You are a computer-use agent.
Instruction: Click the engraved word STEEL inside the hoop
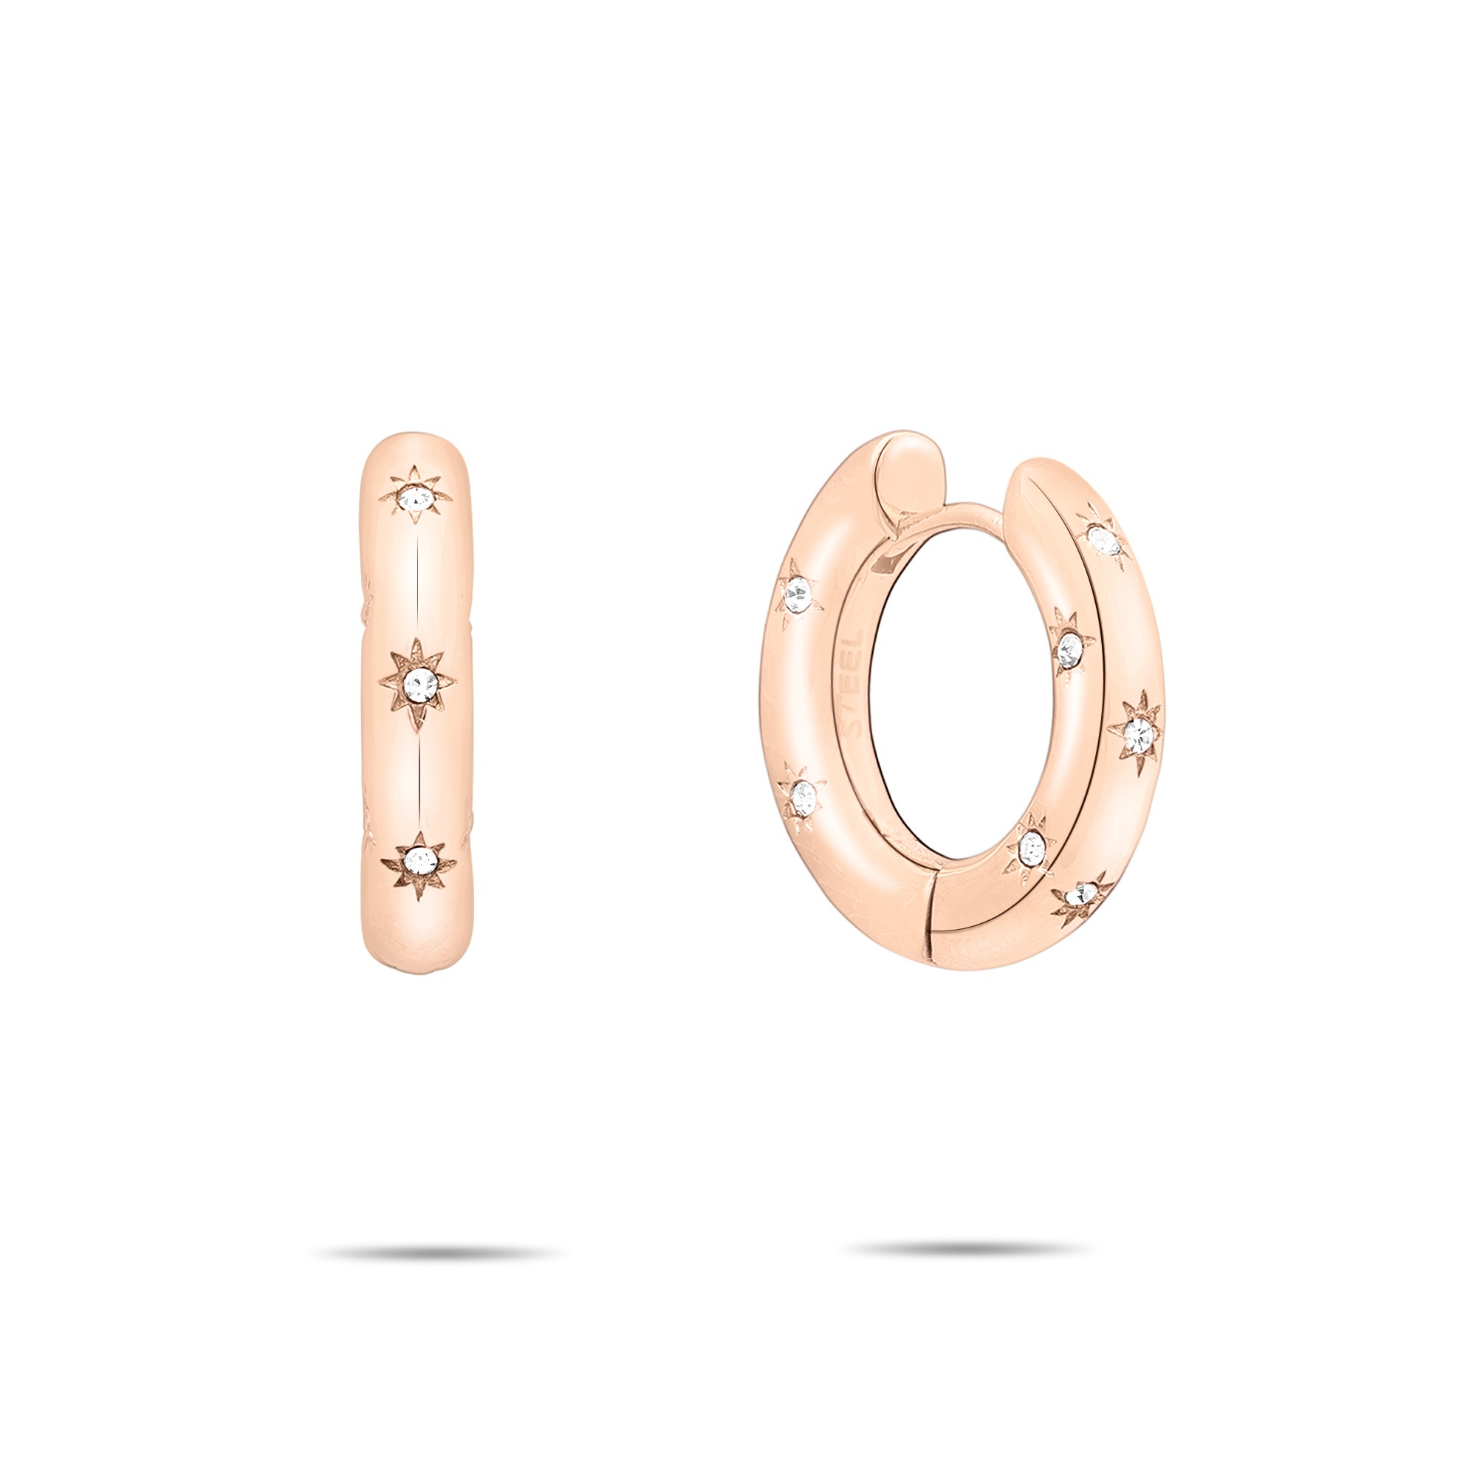[854, 683]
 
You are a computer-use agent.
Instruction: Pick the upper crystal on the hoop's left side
[798, 592]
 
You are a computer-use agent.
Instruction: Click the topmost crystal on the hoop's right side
[1104, 541]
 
